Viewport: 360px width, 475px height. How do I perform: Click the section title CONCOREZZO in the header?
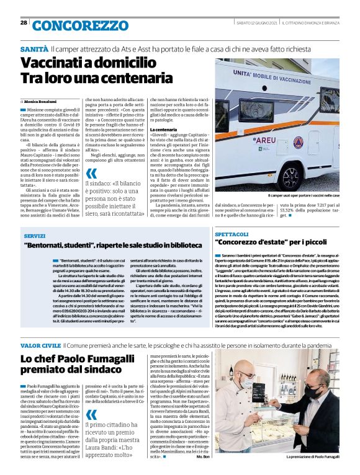78,25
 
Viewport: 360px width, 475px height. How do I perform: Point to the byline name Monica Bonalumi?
41,101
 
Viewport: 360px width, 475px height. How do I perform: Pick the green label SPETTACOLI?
233,236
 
